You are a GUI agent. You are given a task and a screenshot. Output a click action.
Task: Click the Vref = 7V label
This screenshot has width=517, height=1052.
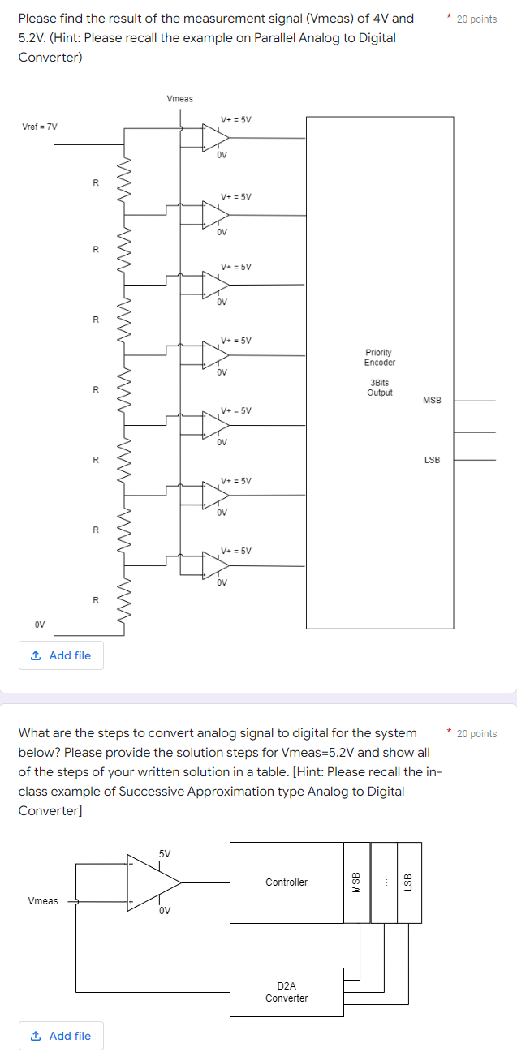coord(40,127)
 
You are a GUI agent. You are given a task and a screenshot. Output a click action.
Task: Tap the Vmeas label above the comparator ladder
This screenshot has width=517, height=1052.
coord(179,99)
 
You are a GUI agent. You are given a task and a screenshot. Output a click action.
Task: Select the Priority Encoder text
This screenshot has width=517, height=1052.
coord(379,358)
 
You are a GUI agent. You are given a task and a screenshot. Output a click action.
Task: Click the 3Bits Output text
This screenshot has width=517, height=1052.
coord(379,387)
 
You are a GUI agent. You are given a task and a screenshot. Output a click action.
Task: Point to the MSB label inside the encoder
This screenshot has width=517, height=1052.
coord(432,401)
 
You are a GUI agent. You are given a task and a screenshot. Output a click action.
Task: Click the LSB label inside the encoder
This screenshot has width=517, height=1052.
coord(432,460)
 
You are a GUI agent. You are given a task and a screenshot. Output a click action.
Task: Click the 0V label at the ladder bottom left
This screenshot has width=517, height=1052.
coord(40,625)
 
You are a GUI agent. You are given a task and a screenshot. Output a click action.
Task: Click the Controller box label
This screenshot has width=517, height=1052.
coord(287,882)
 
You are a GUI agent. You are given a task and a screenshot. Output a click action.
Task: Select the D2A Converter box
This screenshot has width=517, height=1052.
coord(287,991)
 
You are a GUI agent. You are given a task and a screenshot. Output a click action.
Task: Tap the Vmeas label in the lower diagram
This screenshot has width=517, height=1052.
coord(43,900)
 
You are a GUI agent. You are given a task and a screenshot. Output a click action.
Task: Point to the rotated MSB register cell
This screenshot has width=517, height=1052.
coord(355,882)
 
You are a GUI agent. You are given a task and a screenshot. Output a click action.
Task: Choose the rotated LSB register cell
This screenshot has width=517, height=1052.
coord(408,882)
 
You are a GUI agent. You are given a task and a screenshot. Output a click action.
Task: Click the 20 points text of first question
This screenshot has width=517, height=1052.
coord(476,19)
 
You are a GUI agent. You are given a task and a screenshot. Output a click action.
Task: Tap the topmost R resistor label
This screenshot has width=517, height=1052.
coord(95,182)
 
